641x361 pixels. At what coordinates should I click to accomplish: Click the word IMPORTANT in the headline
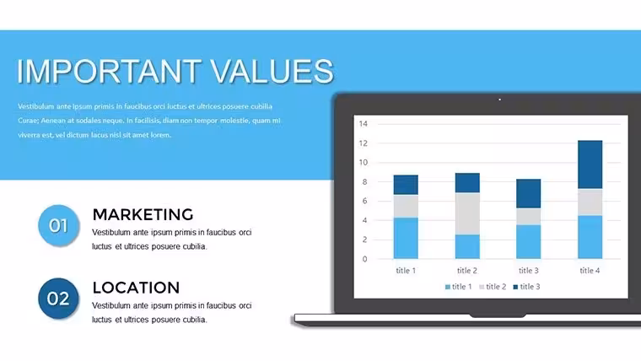[109, 71]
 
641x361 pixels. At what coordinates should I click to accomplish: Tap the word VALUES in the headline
[272, 71]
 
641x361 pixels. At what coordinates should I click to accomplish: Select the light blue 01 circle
[58, 225]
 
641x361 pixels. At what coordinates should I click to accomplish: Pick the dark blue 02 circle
[58, 299]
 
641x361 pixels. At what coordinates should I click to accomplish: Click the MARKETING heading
[143, 214]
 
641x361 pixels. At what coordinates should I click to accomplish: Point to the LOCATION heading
[136, 288]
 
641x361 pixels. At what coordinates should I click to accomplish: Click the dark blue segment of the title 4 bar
[590, 164]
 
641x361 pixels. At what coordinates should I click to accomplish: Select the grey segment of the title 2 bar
[467, 213]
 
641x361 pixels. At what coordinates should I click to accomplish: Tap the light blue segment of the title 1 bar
[406, 238]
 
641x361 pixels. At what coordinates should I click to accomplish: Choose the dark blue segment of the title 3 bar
[529, 194]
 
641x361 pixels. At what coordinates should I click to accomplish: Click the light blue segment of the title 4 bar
[590, 237]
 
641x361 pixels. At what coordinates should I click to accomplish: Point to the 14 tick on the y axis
[364, 123]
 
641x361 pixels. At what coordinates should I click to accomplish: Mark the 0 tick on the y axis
[364, 259]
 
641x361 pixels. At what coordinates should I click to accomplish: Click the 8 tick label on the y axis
[364, 181]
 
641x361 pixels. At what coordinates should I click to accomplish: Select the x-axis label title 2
[467, 270]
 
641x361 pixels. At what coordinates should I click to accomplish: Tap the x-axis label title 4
[590, 270]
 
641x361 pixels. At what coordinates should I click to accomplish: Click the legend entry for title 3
[526, 287]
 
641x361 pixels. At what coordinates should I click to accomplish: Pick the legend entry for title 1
[458, 287]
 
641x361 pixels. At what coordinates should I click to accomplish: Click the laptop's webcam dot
[499, 100]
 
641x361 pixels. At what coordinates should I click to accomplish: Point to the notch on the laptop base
[498, 315]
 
